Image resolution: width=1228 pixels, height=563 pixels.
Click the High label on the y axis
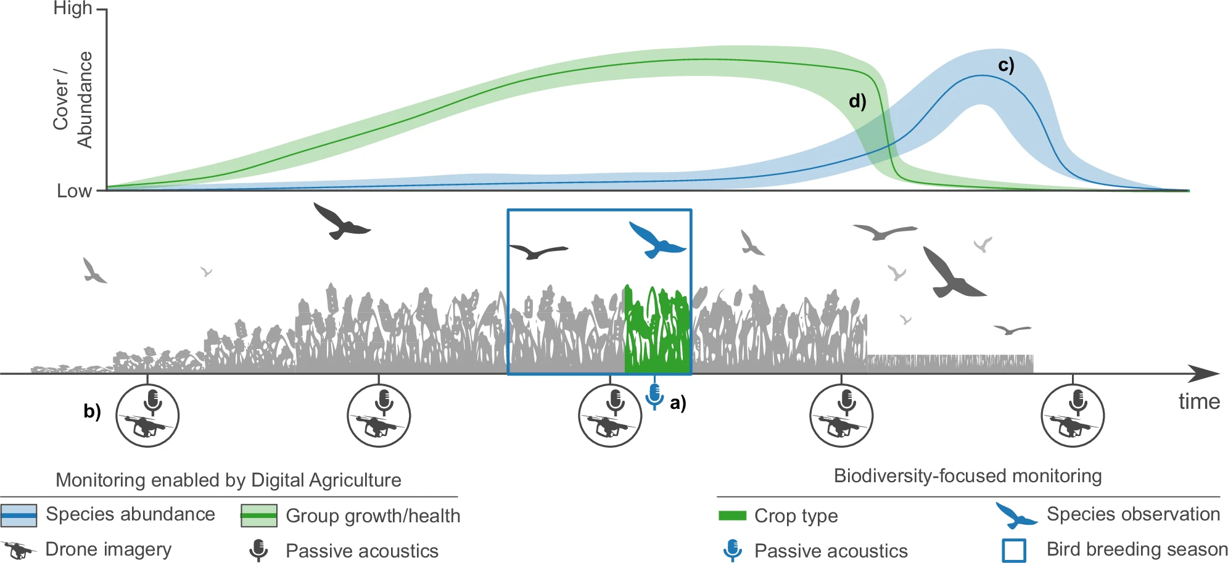[x=72, y=9]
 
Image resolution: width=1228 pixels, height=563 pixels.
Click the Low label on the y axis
[x=74, y=191]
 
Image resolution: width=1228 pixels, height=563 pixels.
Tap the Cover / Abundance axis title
[x=73, y=99]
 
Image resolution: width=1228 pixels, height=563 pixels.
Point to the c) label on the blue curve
[x=1006, y=65]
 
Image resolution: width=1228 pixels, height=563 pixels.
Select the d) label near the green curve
[x=857, y=101]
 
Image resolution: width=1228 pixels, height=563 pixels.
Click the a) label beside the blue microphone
[x=678, y=403]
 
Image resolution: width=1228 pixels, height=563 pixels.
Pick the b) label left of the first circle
[x=93, y=411]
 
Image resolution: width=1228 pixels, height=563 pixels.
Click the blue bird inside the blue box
[x=656, y=240]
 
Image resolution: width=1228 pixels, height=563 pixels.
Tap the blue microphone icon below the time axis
[x=654, y=397]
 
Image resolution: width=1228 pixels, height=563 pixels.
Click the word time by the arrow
[x=1199, y=401]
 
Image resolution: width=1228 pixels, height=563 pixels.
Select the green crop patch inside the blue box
[x=657, y=329]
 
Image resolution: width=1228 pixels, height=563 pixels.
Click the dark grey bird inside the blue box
[x=538, y=251]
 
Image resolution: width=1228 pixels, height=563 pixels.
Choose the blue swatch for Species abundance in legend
[x=19, y=516]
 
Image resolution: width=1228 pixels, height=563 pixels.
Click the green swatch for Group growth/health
[x=259, y=516]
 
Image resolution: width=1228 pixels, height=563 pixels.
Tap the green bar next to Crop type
[x=733, y=516]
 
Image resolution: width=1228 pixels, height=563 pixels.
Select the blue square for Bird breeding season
[x=1014, y=551]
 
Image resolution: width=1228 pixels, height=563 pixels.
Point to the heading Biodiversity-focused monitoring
[x=968, y=476]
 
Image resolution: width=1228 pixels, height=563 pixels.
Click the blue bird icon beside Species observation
[x=1016, y=516]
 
